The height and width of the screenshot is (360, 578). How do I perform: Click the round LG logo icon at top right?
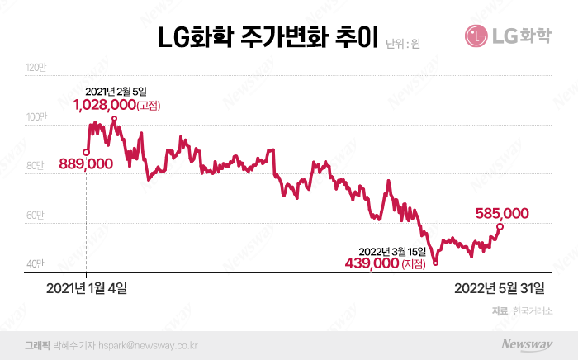click(x=478, y=36)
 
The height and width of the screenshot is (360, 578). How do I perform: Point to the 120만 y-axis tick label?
click(x=37, y=67)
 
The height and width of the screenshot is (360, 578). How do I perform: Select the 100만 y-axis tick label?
click(x=37, y=119)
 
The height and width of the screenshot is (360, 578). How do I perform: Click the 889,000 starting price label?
click(x=86, y=164)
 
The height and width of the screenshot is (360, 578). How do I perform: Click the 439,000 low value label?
click(x=371, y=263)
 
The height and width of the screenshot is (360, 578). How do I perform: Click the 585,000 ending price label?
click(x=502, y=212)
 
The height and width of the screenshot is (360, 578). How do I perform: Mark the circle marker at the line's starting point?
click(x=87, y=152)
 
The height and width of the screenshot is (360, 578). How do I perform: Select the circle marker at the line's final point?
click(x=500, y=226)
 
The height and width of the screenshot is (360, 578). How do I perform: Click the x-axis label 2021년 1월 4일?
click(x=87, y=288)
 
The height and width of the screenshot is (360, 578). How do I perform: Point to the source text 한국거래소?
click(x=533, y=310)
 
